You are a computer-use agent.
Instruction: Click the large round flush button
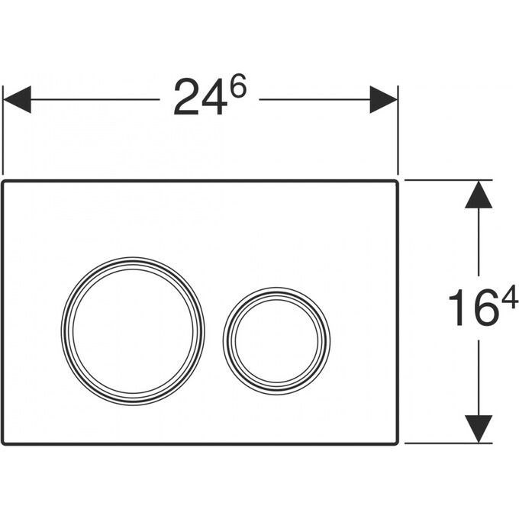click(x=133, y=330)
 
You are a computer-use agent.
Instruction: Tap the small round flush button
click(x=276, y=340)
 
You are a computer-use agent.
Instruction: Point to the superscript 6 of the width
click(x=238, y=88)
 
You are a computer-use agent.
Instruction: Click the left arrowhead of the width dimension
click(x=17, y=99)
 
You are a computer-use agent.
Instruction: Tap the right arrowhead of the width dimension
click(x=384, y=99)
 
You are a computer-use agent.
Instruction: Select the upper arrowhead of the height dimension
click(x=479, y=194)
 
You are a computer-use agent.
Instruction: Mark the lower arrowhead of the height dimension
click(x=479, y=428)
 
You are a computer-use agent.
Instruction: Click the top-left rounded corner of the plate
click(x=5, y=184)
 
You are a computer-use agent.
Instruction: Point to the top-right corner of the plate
click(x=395, y=184)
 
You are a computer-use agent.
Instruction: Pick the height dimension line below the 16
click(x=479, y=378)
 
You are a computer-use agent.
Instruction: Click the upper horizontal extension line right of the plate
click(x=447, y=180)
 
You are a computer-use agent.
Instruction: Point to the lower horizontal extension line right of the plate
click(x=447, y=443)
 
